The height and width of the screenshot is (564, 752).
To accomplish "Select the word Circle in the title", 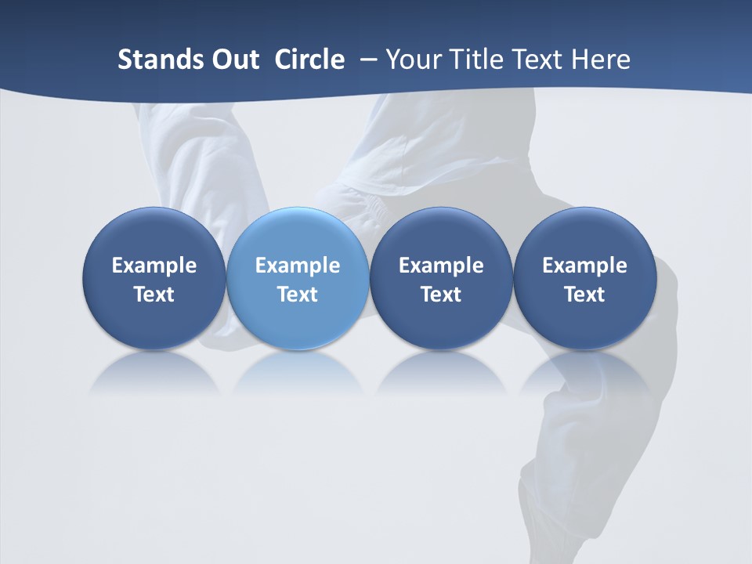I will tap(309, 60).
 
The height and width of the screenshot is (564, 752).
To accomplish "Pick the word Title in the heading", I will tap(475, 60).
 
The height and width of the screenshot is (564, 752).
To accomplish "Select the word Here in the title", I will tap(602, 60).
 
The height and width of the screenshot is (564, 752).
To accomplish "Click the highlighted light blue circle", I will tap(298, 235).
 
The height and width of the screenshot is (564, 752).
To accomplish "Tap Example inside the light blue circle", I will tap(298, 266).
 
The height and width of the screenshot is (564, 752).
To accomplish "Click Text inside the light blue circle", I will tap(298, 295).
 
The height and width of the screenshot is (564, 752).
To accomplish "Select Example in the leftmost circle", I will tap(154, 266).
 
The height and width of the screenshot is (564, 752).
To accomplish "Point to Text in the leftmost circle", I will tap(154, 295).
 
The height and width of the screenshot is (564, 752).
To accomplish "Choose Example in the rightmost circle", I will tap(584, 266).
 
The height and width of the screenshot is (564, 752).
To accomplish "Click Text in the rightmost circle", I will tap(584, 295).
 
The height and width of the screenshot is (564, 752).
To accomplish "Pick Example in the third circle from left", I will tap(441, 266).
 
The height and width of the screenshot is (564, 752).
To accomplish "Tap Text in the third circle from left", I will tap(441, 295).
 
